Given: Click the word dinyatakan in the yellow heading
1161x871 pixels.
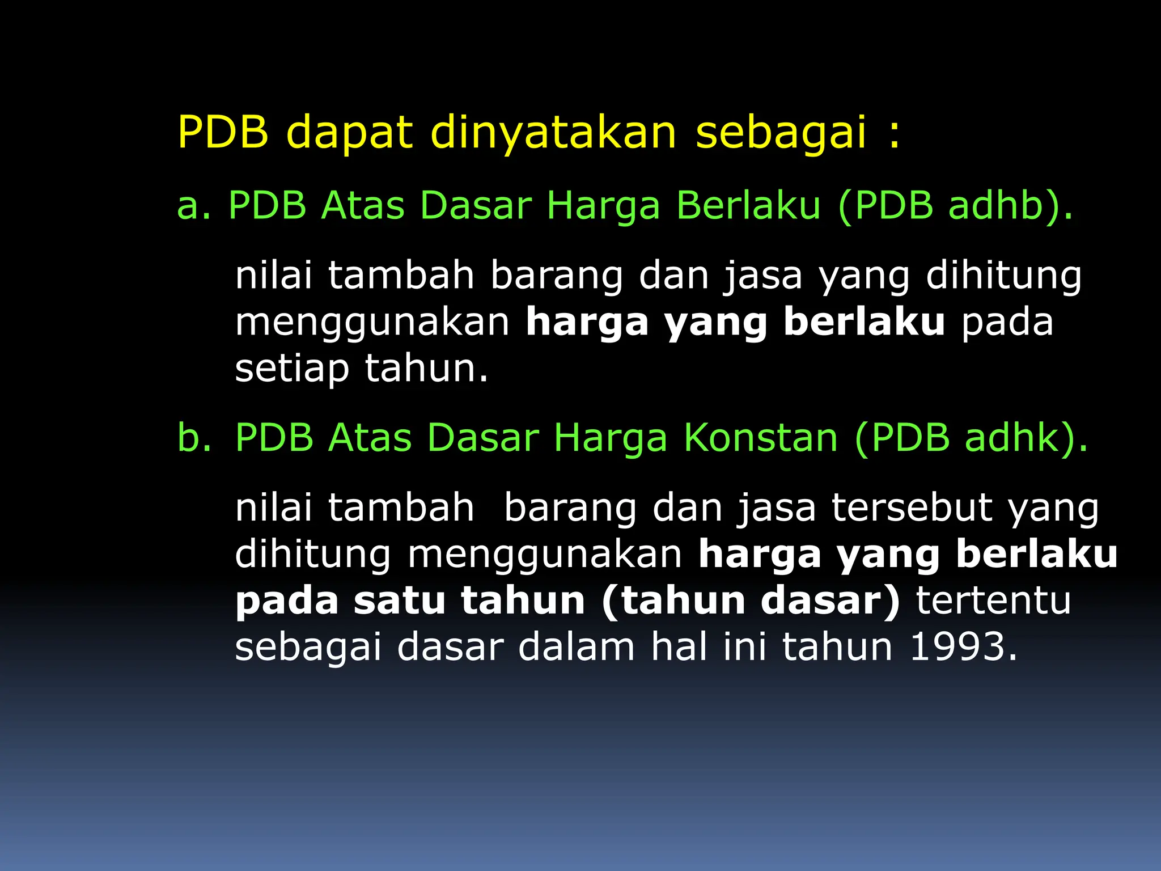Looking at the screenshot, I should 553,133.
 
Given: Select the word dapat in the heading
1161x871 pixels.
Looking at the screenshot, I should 349,133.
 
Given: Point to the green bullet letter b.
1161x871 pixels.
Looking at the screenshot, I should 193,437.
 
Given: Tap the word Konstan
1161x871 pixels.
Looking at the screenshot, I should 760,437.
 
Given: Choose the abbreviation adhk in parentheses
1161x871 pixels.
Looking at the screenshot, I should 1011,437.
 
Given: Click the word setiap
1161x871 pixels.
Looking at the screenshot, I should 291,369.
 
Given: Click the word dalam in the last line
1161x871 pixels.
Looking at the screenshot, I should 576,646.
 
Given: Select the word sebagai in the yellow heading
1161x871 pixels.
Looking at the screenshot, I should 781,133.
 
